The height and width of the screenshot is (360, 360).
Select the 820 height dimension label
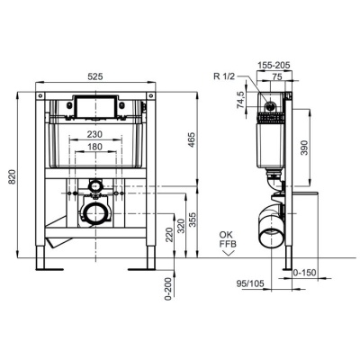(12, 178)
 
